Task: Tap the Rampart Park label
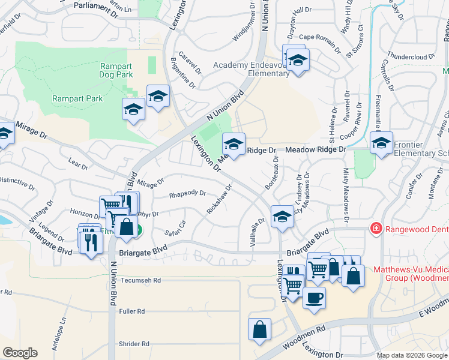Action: (77, 99)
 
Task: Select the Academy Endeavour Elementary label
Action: (252, 69)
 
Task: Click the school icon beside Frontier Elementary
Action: (381, 143)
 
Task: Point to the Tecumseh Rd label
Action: (140, 280)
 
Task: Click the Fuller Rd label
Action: (132, 311)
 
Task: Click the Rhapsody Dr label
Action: (187, 194)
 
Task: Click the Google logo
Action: (20, 353)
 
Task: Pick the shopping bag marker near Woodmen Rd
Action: (259, 329)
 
